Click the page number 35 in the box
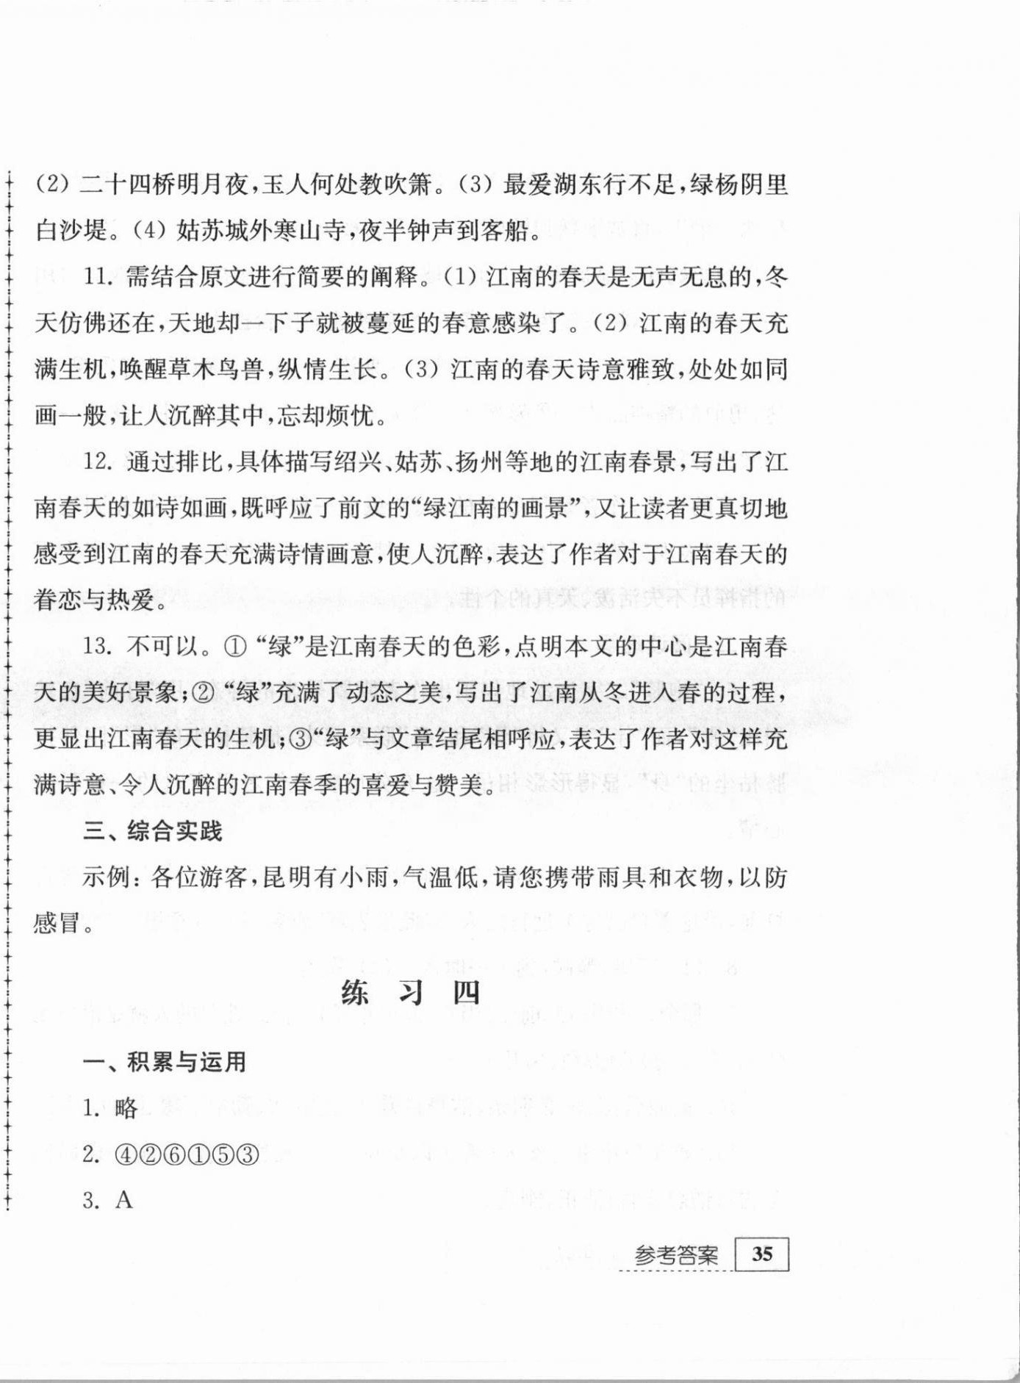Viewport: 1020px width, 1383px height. (762, 1254)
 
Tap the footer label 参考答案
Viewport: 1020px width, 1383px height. (676, 1255)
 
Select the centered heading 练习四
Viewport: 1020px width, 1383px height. (410, 993)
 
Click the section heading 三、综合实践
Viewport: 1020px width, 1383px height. (153, 831)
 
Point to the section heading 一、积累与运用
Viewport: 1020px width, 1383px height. (165, 1062)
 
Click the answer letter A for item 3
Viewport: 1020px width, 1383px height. (124, 1201)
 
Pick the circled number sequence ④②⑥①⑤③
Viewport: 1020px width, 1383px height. (187, 1155)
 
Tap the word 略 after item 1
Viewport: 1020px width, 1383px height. (126, 1108)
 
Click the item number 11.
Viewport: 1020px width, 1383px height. (98, 277)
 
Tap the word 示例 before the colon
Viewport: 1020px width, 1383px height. (107, 877)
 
